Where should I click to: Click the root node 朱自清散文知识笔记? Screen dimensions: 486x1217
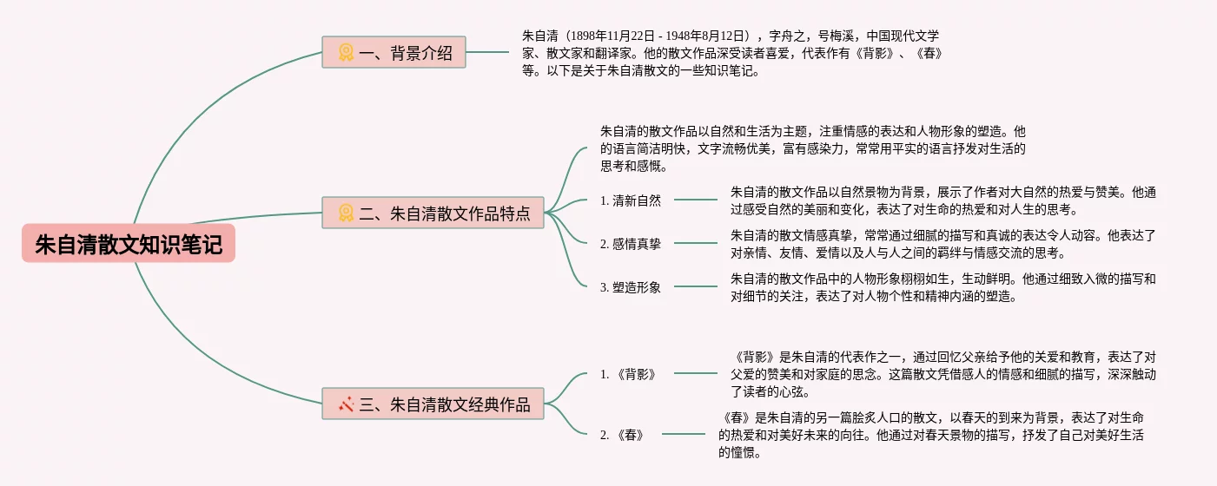coord(129,244)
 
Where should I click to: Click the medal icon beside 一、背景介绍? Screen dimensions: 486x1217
coord(346,53)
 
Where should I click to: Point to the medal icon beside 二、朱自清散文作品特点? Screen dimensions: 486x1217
coord(346,213)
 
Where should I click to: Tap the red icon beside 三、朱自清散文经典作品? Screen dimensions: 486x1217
coord(346,404)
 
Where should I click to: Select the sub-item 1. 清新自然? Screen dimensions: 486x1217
coord(631,200)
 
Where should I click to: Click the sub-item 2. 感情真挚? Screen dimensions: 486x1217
coord(631,244)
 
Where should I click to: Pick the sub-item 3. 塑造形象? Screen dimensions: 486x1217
coord(631,287)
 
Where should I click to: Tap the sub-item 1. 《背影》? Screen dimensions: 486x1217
coord(628,374)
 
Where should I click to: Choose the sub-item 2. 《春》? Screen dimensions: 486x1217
coord(622,435)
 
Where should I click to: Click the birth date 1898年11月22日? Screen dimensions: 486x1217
coord(612,36)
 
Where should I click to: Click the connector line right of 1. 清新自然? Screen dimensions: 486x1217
coord(695,200)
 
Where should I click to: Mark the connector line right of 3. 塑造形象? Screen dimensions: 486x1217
coord(695,286)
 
